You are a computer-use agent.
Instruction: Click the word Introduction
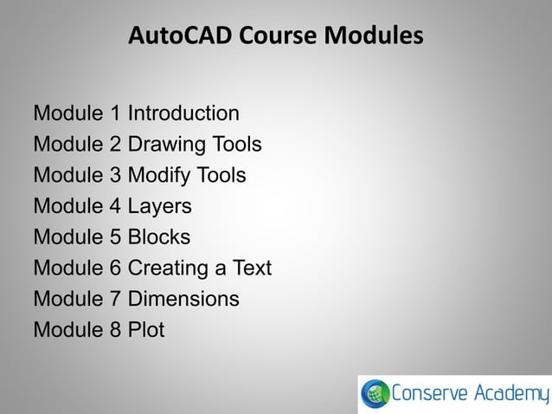click(183, 113)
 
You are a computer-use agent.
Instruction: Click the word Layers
click(160, 207)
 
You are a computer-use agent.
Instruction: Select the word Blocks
click(159, 237)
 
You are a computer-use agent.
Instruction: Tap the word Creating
click(169, 268)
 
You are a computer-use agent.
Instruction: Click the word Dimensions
click(183, 299)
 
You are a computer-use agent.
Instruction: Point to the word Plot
click(146, 330)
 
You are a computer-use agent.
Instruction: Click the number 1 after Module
click(117, 113)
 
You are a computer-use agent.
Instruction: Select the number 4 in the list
click(117, 207)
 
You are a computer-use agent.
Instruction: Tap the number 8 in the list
click(117, 330)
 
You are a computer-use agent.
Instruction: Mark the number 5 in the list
click(117, 237)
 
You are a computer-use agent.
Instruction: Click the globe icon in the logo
click(375, 395)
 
